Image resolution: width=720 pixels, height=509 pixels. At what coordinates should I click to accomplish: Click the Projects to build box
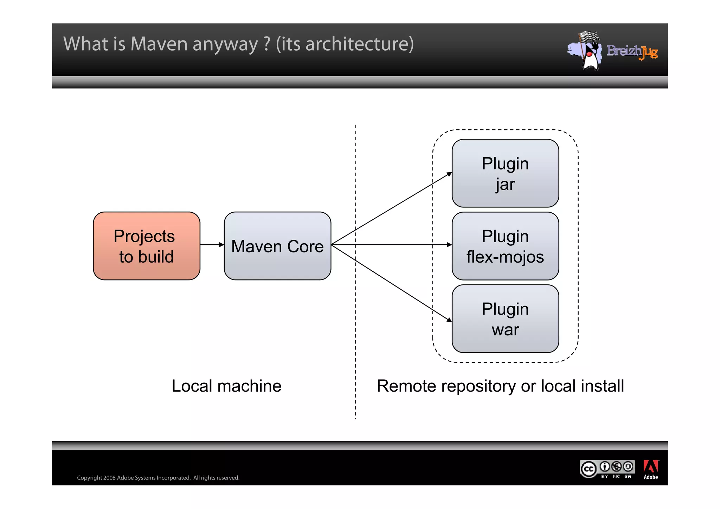click(146, 246)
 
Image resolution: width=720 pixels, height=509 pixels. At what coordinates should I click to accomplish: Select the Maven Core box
click(277, 246)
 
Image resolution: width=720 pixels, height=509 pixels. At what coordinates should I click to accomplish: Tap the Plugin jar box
click(505, 173)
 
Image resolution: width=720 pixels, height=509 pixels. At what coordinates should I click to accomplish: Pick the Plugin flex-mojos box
click(505, 246)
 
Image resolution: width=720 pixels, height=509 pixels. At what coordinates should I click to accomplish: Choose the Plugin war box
click(505, 319)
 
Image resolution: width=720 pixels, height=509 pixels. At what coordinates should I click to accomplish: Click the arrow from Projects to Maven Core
click(212, 245)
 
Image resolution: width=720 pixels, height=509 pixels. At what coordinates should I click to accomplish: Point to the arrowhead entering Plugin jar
click(449, 174)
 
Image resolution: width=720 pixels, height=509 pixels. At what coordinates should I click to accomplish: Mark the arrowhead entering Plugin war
click(449, 320)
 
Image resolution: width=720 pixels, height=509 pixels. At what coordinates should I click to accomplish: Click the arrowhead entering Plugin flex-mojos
click(449, 245)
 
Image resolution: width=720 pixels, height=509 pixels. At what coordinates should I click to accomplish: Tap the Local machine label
click(226, 386)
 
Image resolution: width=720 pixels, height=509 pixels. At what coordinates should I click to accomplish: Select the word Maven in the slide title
click(159, 44)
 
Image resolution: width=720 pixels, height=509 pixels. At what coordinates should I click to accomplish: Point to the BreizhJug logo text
click(632, 52)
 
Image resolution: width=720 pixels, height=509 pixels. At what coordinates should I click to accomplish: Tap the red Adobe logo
click(651, 467)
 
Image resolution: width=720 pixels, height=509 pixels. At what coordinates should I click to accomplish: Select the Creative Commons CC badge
click(589, 469)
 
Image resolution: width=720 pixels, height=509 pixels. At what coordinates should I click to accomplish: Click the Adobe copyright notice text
click(158, 478)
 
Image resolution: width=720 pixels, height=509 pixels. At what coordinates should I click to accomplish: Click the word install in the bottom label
click(602, 386)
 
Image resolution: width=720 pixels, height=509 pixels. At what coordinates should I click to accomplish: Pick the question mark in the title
click(267, 44)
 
